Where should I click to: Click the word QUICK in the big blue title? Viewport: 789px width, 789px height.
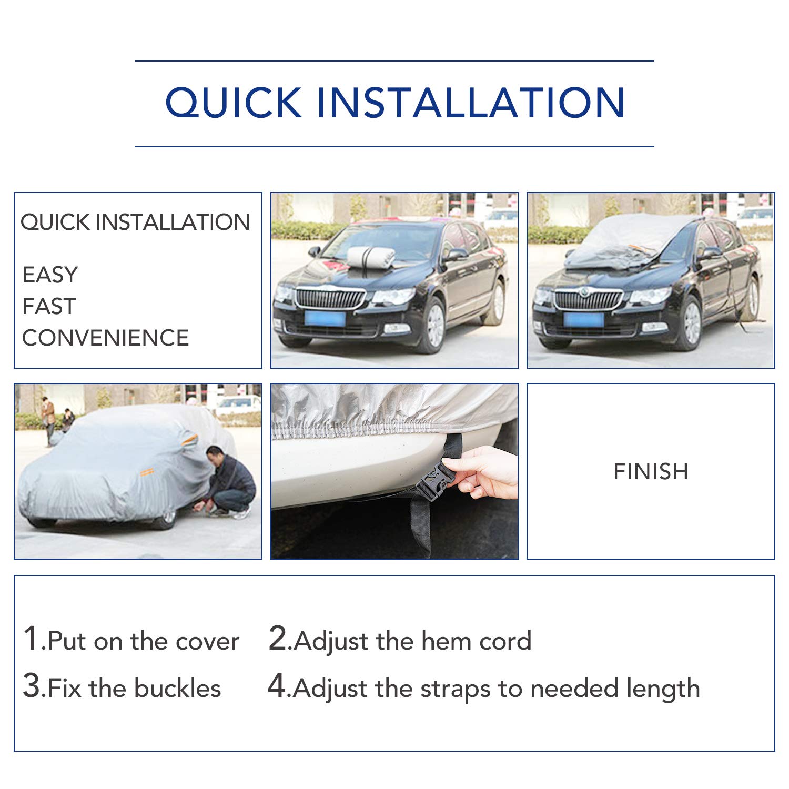[234, 103]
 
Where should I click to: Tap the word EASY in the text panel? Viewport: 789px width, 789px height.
[50, 275]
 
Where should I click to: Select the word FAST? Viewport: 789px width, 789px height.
[49, 307]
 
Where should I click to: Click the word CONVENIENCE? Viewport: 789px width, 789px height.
[105, 338]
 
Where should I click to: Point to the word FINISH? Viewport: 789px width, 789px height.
[651, 472]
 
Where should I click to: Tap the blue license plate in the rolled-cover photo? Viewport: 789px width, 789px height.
[325, 319]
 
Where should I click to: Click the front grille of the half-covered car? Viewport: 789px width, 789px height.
[588, 300]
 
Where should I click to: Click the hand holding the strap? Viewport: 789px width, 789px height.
[487, 472]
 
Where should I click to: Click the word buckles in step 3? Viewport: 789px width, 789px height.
[177, 689]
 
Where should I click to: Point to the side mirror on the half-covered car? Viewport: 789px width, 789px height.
[709, 253]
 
